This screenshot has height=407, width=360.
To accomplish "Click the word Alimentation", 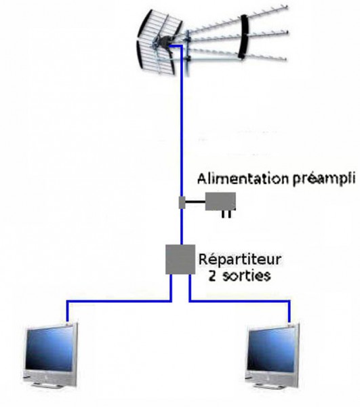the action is [x=243, y=179].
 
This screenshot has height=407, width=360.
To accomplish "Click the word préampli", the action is [x=323, y=180].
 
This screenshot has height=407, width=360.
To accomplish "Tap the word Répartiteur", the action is [x=240, y=260].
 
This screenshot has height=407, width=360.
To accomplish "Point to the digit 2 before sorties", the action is [x=212, y=276].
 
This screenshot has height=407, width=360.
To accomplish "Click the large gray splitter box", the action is [x=180, y=259].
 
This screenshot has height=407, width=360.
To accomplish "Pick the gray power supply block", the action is [x=220, y=201].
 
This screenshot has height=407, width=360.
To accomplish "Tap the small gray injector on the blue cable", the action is [x=182, y=202].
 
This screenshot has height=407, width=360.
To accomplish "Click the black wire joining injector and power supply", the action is [x=195, y=201].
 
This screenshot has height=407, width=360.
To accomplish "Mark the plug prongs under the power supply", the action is [x=226, y=214].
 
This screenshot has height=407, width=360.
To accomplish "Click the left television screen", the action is [x=49, y=349].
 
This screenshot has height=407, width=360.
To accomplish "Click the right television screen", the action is [x=271, y=349].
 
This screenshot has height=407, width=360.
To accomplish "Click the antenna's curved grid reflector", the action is [x=159, y=43].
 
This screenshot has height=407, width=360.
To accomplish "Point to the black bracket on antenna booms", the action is [x=244, y=37].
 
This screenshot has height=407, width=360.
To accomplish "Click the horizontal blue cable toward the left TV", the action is [x=119, y=301].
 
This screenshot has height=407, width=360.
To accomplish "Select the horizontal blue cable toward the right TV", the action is [x=239, y=301].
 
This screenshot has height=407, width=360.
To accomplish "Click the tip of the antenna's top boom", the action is [x=287, y=7].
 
